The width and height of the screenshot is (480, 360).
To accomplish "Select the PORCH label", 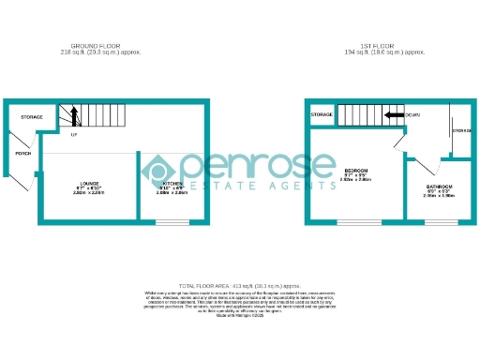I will pos(22,153).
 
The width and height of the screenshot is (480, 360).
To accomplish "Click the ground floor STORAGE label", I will pos(32,116).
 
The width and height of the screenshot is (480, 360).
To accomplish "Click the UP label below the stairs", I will pos(73,136).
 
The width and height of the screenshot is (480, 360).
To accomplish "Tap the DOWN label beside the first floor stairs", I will pos(412,114).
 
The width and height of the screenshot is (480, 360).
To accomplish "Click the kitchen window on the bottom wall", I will pos(172,223).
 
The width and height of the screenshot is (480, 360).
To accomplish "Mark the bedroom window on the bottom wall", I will pos(359,223).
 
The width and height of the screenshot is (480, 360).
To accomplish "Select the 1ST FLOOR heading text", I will pos(380,45).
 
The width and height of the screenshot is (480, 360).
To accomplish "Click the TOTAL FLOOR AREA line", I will pos(239,284).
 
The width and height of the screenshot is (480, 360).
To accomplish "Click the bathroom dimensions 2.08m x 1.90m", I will pos(438,196).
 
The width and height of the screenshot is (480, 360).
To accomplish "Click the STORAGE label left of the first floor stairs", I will pos(322,114).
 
